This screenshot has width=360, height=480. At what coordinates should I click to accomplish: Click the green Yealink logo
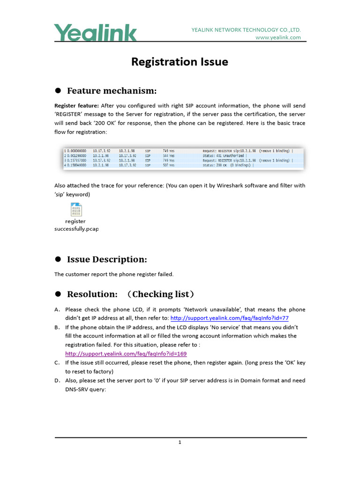pyautogui.click(x=96, y=33)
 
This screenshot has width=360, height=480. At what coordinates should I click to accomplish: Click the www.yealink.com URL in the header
pyautogui.click(x=278, y=37)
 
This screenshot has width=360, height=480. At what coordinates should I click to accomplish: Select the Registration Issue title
pyautogui.click(x=180, y=62)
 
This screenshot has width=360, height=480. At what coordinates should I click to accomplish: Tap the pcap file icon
pyautogui.click(x=76, y=210)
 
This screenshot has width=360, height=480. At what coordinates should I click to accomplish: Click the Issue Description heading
pyautogui.click(x=107, y=259)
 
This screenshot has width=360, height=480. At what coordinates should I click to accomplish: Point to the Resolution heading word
pyautogui.click(x=92, y=294)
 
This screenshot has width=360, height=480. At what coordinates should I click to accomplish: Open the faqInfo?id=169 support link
pyautogui.click(x=126, y=353)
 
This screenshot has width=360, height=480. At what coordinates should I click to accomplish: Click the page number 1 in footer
pyautogui.click(x=180, y=442)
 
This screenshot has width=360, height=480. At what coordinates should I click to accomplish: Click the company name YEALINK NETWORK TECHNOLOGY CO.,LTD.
pyautogui.click(x=246, y=30)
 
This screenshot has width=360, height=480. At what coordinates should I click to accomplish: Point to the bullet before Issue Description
pyautogui.click(x=59, y=259)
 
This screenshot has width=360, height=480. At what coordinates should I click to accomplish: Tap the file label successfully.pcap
pyautogui.click(x=76, y=229)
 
